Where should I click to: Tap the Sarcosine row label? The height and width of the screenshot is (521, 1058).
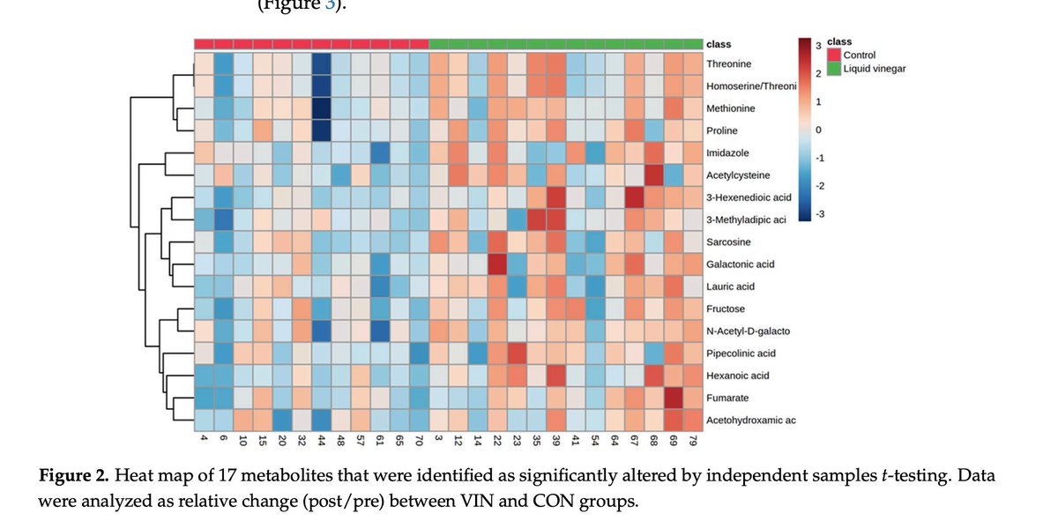[727, 242]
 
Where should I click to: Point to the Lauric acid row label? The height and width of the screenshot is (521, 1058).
[730, 287]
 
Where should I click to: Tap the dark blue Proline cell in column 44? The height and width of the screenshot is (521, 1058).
[321, 130]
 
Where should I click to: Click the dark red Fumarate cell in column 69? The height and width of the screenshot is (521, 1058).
[674, 398]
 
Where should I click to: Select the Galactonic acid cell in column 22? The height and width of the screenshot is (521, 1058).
[496, 264]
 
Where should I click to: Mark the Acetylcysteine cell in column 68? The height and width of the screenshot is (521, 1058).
[653, 175]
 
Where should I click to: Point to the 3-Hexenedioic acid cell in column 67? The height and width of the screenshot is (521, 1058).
[634, 197]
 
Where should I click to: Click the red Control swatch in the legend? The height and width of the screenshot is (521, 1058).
[835, 56]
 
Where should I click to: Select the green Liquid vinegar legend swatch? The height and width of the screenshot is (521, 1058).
[835, 69]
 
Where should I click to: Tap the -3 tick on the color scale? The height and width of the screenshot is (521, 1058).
[817, 214]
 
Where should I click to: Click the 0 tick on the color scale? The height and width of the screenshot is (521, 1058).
[817, 130]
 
